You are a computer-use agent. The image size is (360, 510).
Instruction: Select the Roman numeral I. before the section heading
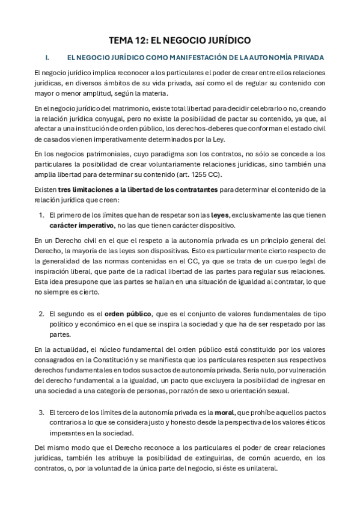click(x=47, y=58)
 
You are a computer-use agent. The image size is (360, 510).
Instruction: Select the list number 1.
click(x=41, y=214)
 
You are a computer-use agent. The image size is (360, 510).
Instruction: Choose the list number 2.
click(x=41, y=314)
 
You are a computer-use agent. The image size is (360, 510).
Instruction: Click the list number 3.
click(x=41, y=413)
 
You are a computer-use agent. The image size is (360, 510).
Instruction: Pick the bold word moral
click(x=242, y=413)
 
